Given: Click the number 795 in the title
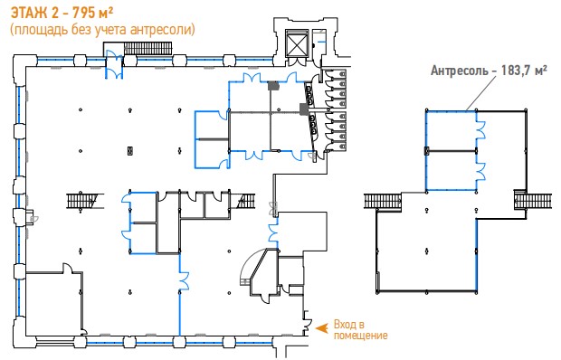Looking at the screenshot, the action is click(84, 13).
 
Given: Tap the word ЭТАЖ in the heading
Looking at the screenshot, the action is click(29, 13).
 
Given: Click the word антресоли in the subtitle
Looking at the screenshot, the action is click(161, 30).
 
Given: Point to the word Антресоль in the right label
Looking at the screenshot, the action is click(459, 71).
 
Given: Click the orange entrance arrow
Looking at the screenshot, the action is click(321, 327).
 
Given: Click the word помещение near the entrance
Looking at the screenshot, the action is click(361, 336).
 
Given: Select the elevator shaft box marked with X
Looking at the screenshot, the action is click(297, 43).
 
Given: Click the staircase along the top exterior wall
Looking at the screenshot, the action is click(147, 48).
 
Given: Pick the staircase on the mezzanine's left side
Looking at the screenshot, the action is click(383, 202).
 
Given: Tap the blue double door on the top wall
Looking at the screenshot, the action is click(114, 64).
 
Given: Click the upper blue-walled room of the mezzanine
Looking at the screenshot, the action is click(452, 131).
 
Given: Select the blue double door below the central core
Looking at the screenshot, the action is click(183, 279).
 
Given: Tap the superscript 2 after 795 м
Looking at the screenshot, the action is click(110, 10).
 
